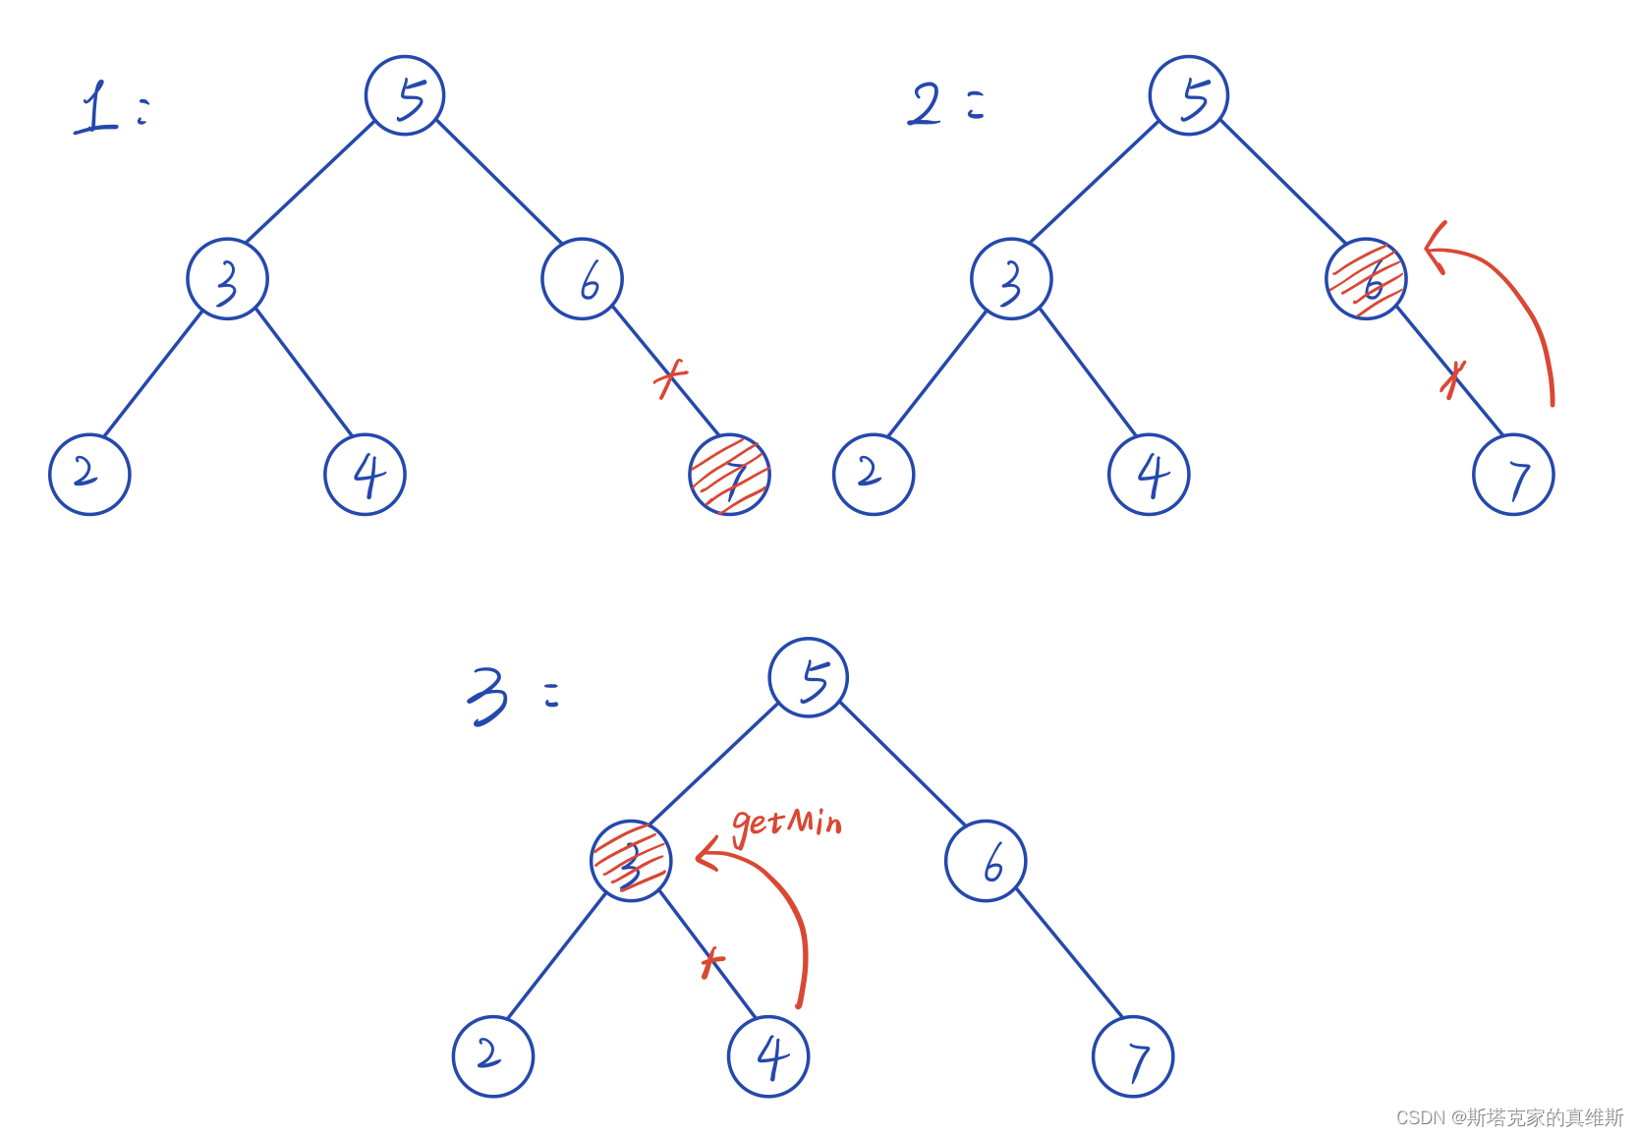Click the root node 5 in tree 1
(405, 96)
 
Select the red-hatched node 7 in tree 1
(730, 475)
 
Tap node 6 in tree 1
(582, 279)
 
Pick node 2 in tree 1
(89, 475)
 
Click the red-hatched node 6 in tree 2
(1366, 279)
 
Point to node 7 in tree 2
(1513, 475)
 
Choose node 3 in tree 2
(1011, 279)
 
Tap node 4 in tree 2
(1149, 475)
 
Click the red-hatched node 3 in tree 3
(631, 861)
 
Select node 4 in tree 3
(768, 1056)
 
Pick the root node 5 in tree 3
(809, 678)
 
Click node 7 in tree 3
(1133, 1056)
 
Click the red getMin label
(787, 824)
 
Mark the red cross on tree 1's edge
(670, 377)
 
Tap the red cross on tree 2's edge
(1452, 377)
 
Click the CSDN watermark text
(1509, 1117)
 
